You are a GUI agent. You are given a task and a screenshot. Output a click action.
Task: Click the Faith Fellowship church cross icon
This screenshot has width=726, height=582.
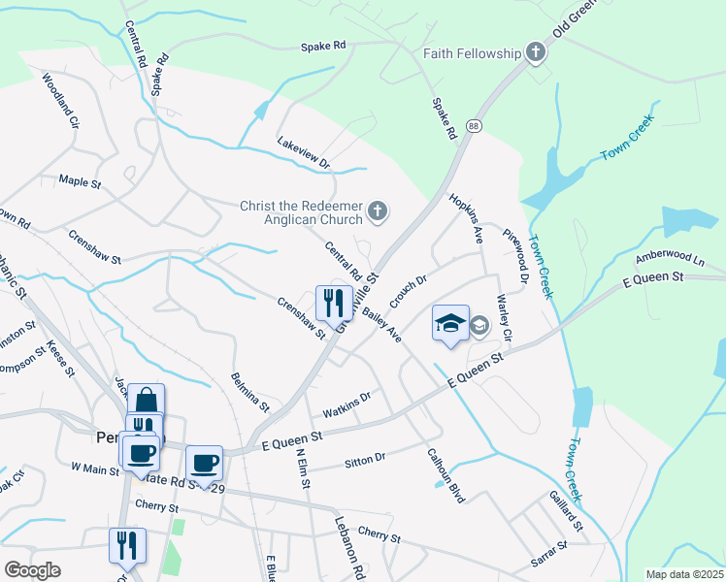coord(535,53)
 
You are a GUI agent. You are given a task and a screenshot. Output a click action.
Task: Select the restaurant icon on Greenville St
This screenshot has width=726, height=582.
coord(331,302)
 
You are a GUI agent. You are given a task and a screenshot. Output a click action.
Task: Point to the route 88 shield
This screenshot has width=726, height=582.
coord(473,126)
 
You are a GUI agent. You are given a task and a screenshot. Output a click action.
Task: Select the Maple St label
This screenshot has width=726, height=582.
coord(81,180)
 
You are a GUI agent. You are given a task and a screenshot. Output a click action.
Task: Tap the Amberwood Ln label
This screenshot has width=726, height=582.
coord(670,259)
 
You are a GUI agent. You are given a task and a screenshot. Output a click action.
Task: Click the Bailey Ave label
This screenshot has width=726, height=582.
coord(381,324)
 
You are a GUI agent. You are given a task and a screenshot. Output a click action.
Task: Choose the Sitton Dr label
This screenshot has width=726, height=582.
coord(365,460)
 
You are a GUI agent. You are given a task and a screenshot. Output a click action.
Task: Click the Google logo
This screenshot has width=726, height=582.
coord(33,570)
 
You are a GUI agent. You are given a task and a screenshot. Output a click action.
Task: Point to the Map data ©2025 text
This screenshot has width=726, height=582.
coord(684,574)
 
